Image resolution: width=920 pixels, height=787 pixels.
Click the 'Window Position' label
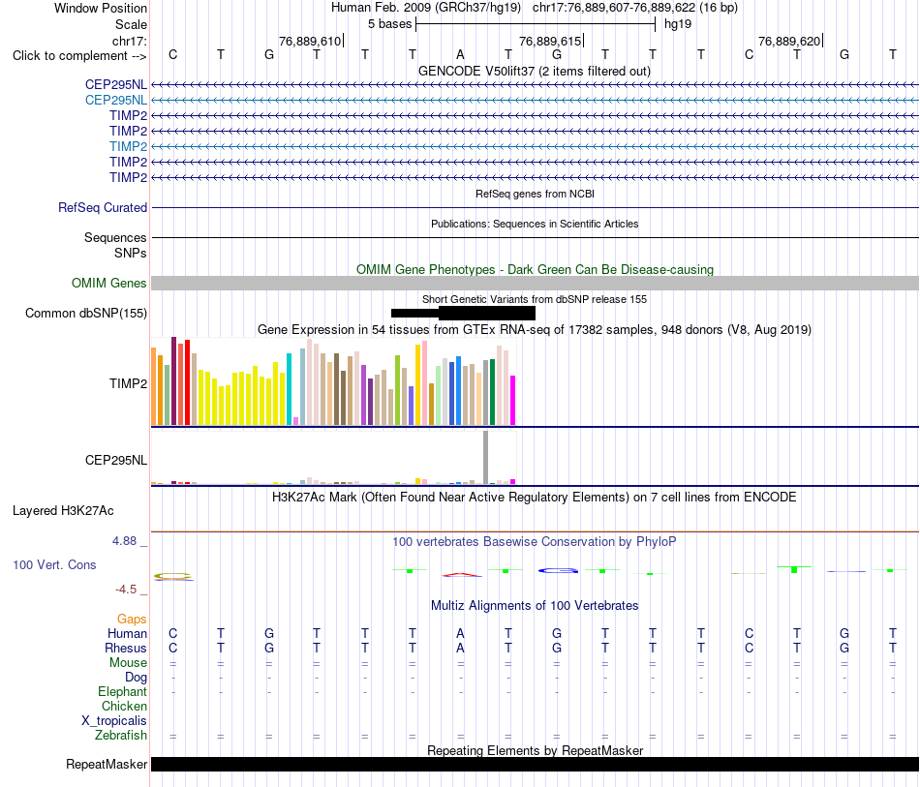pos(101,8)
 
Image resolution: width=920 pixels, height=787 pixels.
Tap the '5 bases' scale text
pos(389,24)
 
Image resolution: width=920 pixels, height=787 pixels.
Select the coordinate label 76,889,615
pos(550,41)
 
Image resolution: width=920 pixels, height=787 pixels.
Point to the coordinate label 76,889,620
pos(789,41)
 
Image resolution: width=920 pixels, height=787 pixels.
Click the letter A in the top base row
pos(461,54)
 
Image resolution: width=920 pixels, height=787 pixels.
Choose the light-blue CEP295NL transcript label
pos(116,101)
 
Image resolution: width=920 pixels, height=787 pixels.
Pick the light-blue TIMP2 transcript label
pos(128,146)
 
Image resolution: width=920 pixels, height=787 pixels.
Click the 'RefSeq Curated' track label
pos(103,207)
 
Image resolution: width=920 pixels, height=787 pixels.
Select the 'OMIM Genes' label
pos(109,284)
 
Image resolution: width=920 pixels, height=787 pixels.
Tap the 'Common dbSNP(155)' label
pos(86,314)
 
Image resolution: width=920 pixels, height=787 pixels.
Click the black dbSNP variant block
pos(464,314)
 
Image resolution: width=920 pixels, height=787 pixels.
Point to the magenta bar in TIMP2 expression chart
pos(513,401)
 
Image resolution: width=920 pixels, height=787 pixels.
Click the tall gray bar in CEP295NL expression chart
pos(486,457)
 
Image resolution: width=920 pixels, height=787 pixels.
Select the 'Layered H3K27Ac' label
pos(63,511)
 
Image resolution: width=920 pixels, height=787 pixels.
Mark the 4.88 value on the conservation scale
pos(124,541)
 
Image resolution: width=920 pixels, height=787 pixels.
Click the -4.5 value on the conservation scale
pos(126,590)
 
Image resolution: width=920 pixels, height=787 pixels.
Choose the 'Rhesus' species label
pos(126,648)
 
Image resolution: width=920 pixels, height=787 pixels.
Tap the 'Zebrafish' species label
pos(121,736)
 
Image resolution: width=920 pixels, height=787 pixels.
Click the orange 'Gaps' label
pos(132,620)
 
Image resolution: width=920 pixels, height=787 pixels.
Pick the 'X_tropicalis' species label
pos(114,721)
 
